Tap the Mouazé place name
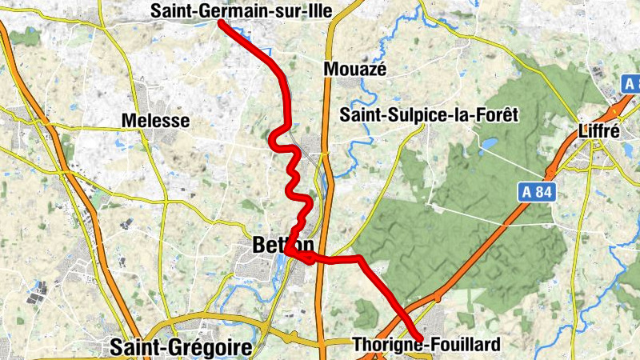(354, 70)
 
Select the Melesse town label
(155, 121)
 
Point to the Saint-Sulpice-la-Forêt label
(429, 115)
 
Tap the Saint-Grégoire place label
(181, 347)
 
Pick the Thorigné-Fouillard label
(426, 345)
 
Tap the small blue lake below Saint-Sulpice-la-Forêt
(486, 146)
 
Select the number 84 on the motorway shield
(540, 191)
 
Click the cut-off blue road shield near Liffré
(632, 84)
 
